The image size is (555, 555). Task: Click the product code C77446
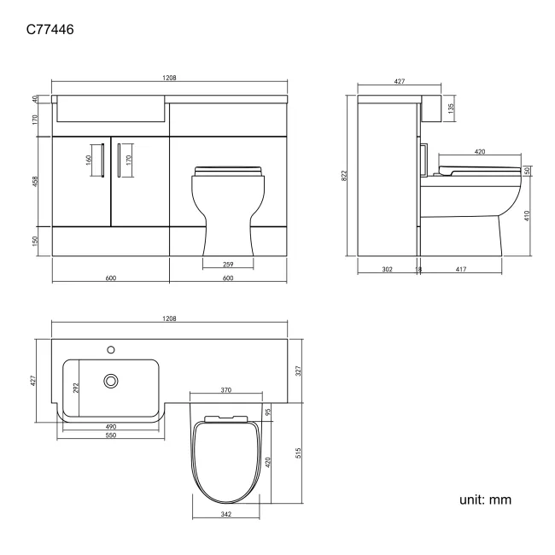click(50, 29)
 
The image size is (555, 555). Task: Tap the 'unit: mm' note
click(485, 499)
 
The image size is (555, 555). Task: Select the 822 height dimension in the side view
click(344, 176)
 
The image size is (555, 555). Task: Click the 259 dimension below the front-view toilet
click(228, 265)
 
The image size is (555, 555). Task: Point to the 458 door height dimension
click(35, 182)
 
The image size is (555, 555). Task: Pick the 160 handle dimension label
click(89, 160)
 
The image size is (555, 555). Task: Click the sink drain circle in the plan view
click(111, 381)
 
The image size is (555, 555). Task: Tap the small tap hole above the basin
click(111, 350)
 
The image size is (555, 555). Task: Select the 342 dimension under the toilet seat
click(225, 514)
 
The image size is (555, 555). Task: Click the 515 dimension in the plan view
click(298, 453)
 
